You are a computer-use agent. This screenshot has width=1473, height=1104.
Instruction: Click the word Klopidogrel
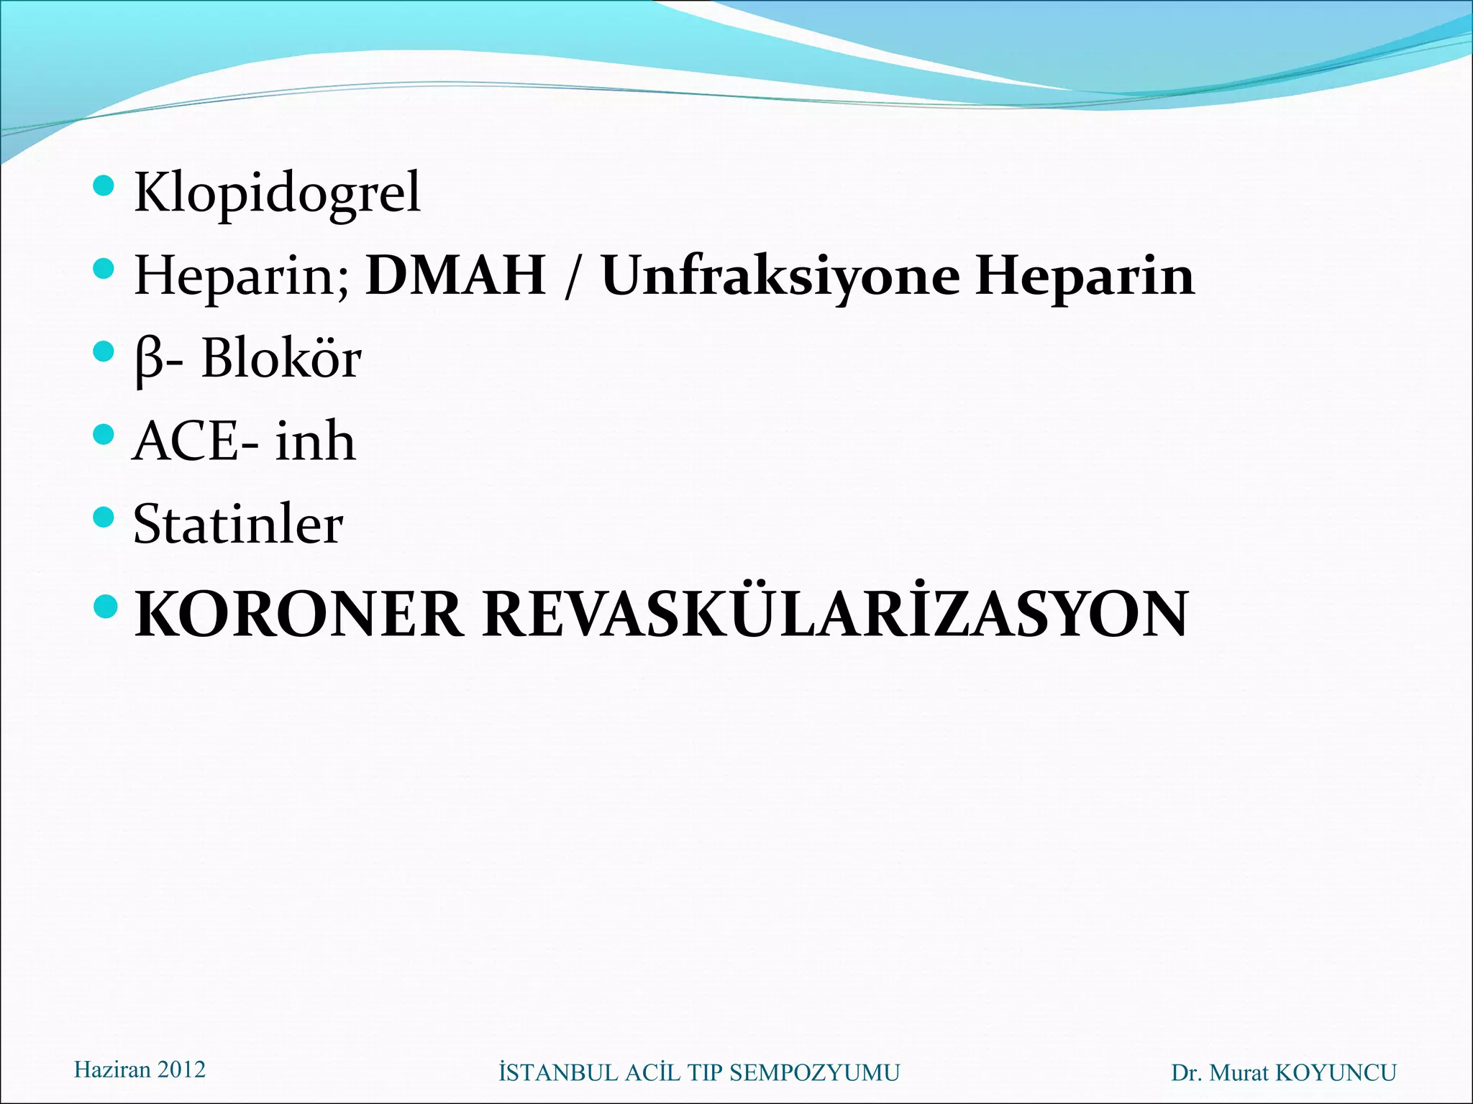tap(277, 193)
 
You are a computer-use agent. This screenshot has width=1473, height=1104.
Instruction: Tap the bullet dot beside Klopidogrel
tap(104, 185)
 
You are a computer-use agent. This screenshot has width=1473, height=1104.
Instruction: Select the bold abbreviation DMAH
tap(455, 275)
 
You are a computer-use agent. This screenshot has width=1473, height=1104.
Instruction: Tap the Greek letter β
tap(149, 359)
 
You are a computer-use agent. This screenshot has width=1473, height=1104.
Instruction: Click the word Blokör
tap(281, 358)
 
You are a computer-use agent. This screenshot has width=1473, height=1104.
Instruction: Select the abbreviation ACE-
tap(196, 441)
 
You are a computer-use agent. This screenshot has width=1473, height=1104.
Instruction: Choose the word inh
tap(316, 441)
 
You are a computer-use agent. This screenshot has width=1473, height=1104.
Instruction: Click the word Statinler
tap(238, 524)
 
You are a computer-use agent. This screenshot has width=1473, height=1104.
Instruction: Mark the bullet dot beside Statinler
tap(104, 517)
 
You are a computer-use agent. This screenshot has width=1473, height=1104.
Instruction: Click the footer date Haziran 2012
tap(140, 1069)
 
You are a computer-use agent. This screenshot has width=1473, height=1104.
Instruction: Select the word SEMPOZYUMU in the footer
tap(814, 1073)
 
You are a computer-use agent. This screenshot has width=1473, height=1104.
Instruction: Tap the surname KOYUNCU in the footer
tap(1336, 1073)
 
